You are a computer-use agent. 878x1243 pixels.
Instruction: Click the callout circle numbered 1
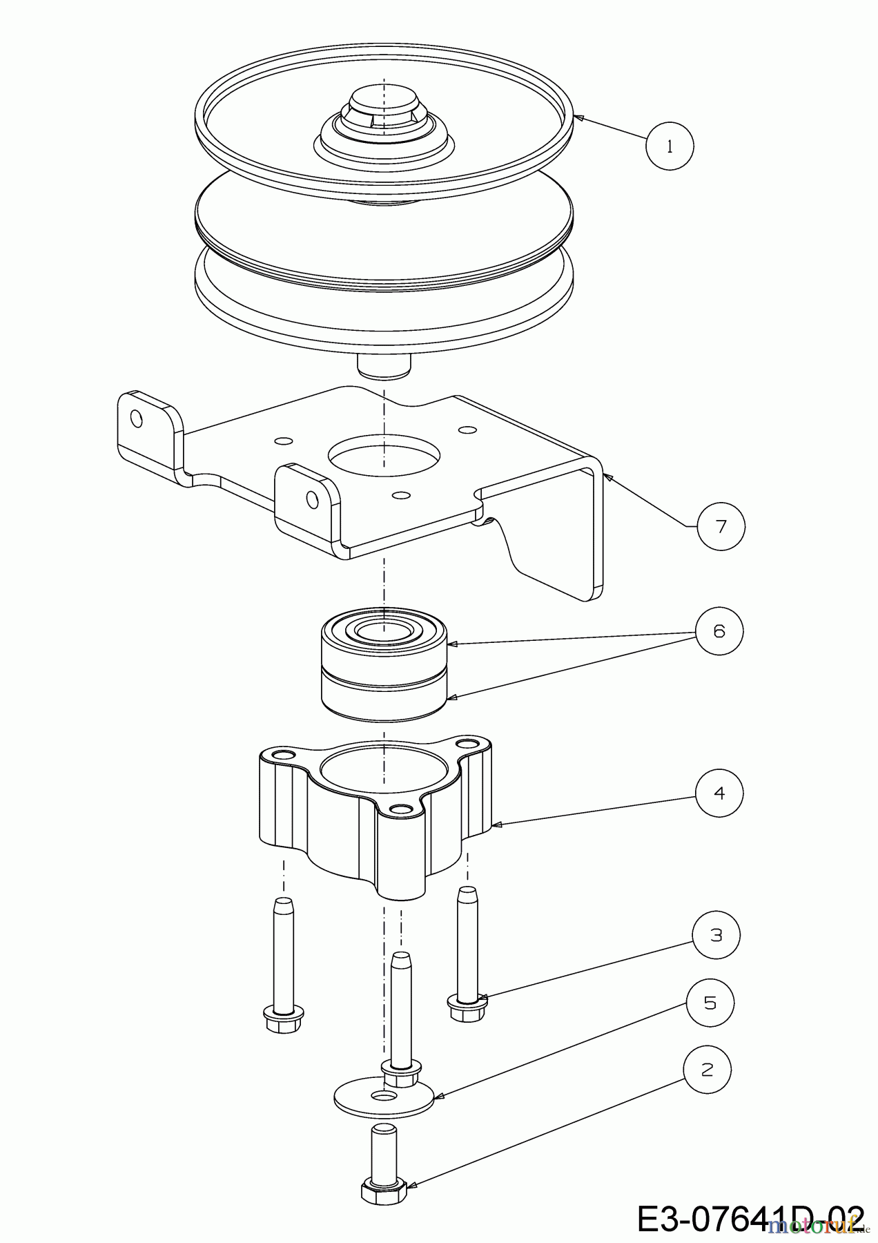(670, 146)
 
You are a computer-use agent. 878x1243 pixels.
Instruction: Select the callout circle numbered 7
(721, 526)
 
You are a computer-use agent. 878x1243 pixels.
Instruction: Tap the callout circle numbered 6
(719, 630)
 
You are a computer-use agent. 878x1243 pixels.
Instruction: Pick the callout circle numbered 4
(719, 793)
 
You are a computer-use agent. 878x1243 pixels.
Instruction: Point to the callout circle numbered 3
(716, 935)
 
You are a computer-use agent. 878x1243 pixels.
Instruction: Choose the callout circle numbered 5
(710, 1003)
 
